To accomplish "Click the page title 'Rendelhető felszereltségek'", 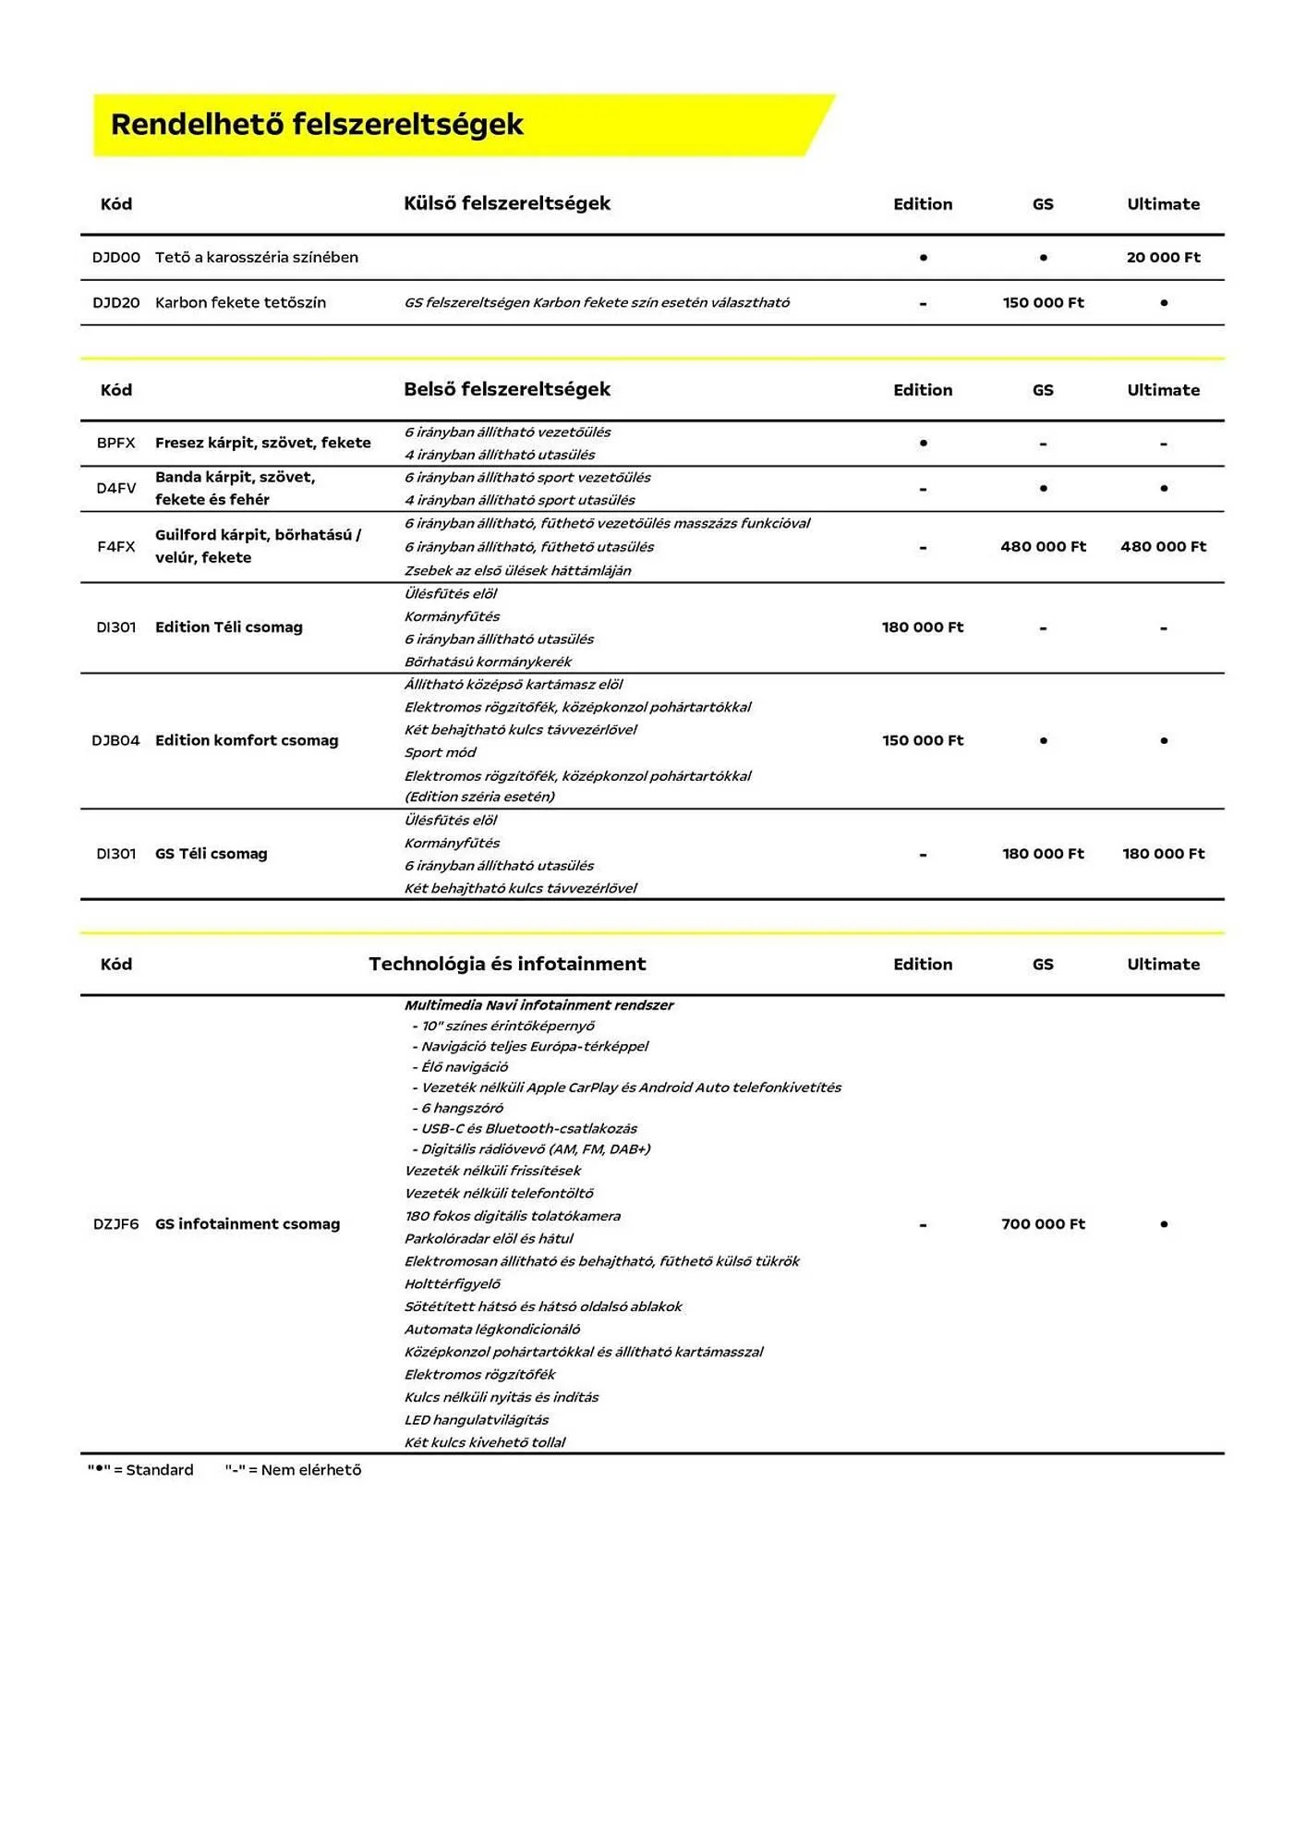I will [x=317, y=125].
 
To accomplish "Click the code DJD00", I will [x=116, y=258].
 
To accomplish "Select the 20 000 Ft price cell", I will [x=1163, y=258].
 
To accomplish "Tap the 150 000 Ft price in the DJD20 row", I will [x=1043, y=303].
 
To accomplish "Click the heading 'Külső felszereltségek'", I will [x=506, y=203].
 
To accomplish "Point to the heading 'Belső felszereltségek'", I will [x=506, y=389].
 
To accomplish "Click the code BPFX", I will [x=116, y=444].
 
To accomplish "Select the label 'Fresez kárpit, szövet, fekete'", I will [x=262, y=444].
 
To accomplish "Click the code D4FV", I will [x=116, y=489].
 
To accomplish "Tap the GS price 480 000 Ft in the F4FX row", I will [x=1043, y=547].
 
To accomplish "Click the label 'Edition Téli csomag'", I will [x=228, y=627].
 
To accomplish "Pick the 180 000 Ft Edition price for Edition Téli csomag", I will [x=922, y=627].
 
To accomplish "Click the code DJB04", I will [x=116, y=741].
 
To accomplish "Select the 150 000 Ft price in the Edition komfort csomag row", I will [x=922, y=741].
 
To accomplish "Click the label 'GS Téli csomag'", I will [x=211, y=855].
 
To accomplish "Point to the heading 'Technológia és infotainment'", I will [x=506, y=964].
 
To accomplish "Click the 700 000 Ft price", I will [x=1043, y=1224].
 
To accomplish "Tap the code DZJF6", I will [x=116, y=1224].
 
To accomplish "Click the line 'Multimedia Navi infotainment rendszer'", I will [x=538, y=1005].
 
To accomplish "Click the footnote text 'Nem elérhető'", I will [x=310, y=1470].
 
